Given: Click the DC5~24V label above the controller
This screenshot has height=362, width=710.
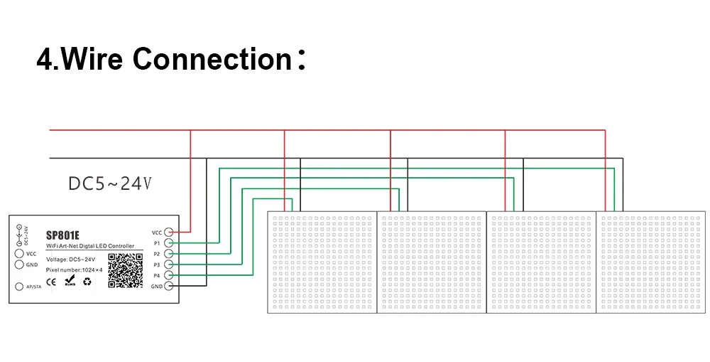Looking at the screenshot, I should tap(110, 184).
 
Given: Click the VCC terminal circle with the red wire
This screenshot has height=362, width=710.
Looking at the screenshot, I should tap(170, 232).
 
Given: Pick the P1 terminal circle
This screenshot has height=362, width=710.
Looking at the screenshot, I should tap(170, 243).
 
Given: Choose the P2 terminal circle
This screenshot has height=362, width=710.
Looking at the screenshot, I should tap(170, 253).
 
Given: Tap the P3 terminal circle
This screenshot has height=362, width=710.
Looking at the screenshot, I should tap(170, 264).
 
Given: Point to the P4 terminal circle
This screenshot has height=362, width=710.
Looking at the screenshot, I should tap(170, 275).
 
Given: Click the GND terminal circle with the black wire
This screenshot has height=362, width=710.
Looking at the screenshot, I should tap(170, 286).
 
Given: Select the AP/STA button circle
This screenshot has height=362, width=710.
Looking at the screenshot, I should tap(19, 287).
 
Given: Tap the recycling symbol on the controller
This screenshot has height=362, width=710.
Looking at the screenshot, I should tap(87, 282).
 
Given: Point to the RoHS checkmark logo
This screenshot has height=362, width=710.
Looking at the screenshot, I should tap(70, 282).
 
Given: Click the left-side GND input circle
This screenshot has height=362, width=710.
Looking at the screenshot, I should tap(19, 264).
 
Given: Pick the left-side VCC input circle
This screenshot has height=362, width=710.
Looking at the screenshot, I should tap(19, 253).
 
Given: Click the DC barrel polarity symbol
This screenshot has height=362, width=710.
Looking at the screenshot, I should tap(19, 235).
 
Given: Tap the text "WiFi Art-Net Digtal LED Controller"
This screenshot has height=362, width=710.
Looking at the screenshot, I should tap(89, 246).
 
